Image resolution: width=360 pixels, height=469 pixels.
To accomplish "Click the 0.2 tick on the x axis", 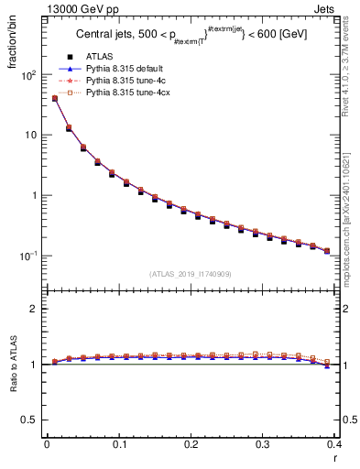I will tap(191, 446).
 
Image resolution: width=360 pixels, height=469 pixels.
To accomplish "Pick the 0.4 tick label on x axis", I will tap(335, 446).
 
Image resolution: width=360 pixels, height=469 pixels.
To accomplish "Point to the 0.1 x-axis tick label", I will tap(119, 446).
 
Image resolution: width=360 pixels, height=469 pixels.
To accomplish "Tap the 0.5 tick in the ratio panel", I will tap(29, 420).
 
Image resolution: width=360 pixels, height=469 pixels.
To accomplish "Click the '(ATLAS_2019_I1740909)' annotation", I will tap(191, 274).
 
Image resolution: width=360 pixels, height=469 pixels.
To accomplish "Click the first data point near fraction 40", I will tap(54, 98).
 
